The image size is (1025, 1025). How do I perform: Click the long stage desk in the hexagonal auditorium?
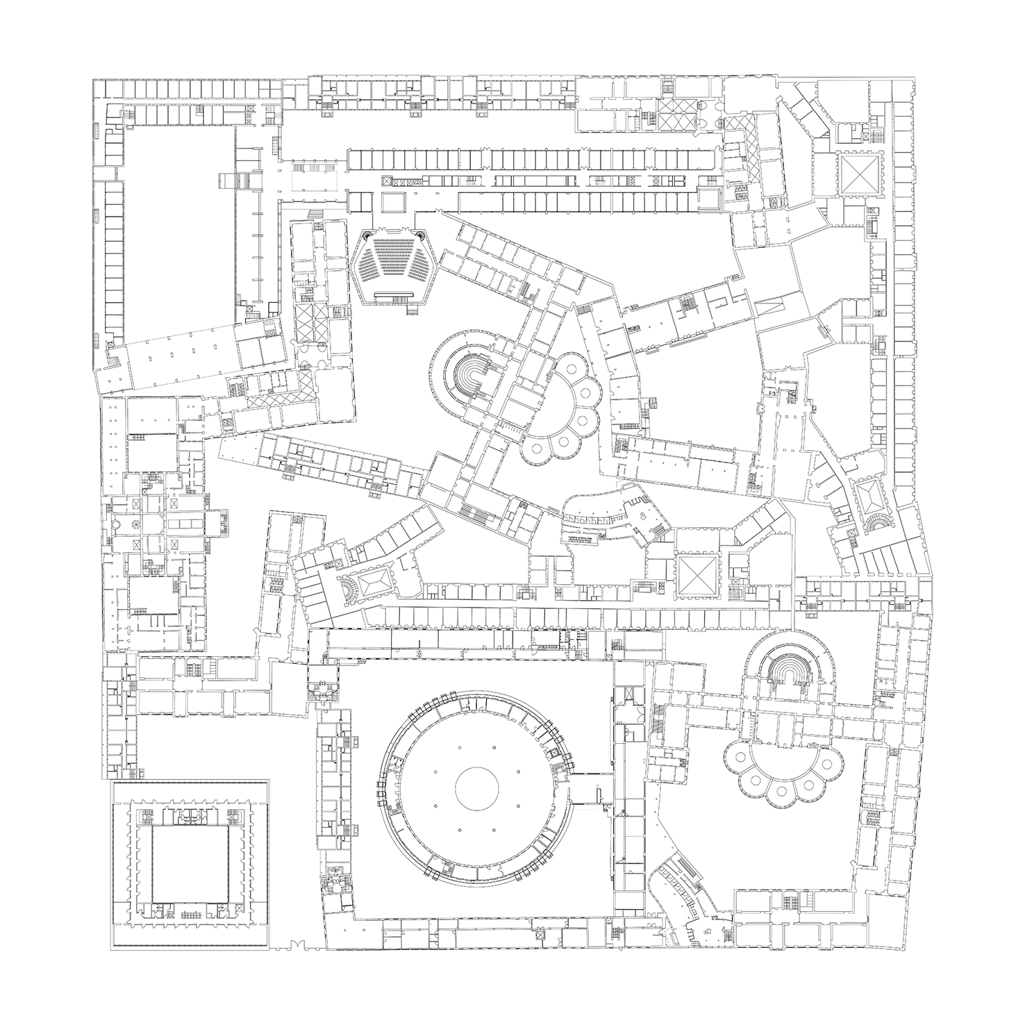coord(394,295)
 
